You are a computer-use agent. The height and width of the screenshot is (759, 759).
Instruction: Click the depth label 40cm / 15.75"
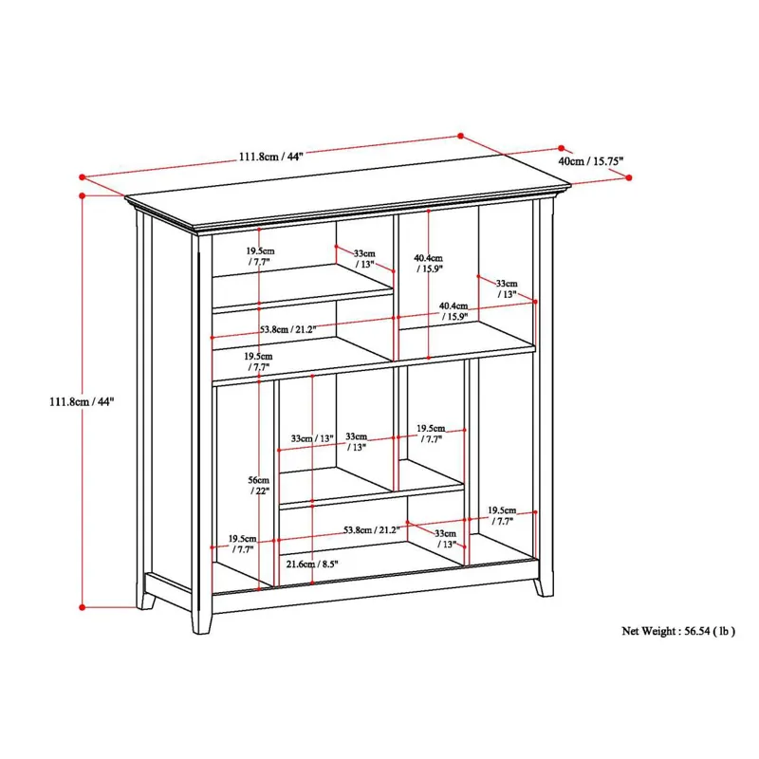click(x=590, y=162)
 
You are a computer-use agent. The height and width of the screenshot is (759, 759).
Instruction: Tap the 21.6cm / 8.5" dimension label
click(x=312, y=565)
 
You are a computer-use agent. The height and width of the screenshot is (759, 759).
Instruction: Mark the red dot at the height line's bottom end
click(x=83, y=606)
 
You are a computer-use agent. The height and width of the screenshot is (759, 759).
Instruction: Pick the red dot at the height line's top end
click(x=83, y=195)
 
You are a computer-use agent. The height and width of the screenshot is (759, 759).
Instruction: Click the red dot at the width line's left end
click(x=83, y=176)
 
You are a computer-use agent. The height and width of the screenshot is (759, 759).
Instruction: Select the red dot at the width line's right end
click(x=463, y=135)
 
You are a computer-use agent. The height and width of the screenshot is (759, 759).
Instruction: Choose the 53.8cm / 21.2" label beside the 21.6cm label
click(x=371, y=529)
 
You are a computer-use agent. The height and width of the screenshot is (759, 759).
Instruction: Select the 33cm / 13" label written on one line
click(x=313, y=438)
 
